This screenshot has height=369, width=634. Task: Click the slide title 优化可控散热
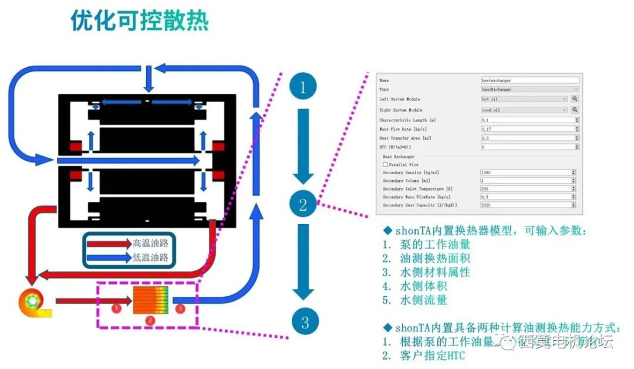140,21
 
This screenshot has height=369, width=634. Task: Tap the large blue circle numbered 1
303,88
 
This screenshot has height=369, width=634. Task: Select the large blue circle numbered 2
303,205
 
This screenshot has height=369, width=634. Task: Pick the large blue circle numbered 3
304,321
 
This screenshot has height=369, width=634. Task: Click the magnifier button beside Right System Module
575,110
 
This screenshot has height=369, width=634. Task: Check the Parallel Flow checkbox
385,165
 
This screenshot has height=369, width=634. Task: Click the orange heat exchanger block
151,300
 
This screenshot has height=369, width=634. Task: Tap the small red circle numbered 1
116,307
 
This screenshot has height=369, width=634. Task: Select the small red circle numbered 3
180,307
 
